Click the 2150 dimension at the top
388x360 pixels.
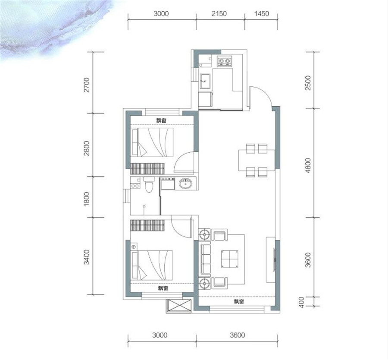tap(219, 13)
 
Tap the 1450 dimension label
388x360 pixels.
tap(262, 13)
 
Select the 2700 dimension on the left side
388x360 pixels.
tap(86, 85)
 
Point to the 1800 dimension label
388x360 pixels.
tap(86, 199)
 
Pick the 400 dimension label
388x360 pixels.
tap(301, 302)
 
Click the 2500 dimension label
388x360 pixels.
tap(308, 83)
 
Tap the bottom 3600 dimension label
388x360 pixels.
tap(237, 335)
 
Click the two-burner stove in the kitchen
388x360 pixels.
tap(225, 61)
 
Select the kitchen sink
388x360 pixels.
tap(205, 81)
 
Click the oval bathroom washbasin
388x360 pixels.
tap(185, 183)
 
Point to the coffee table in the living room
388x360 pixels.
tap(230, 259)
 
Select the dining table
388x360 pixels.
tap(257, 160)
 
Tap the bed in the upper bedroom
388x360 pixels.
tap(152, 142)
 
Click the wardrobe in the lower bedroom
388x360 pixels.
tap(147, 225)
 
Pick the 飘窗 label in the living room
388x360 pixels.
tap(239, 302)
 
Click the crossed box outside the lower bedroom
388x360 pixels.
tap(179, 306)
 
